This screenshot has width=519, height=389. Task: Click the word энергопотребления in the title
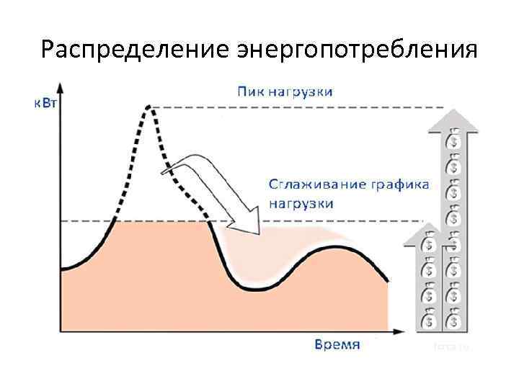click(x=357, y=51)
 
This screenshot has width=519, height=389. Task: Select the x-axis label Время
click(x=337, y=344)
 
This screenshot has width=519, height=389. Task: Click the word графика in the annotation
click(x=399, y=184)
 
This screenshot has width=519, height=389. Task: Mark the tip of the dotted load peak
click(x=148, y=107)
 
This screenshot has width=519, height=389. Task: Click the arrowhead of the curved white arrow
click(x=247, y=220)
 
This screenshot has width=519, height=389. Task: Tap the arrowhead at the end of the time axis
click(x=398, y=332)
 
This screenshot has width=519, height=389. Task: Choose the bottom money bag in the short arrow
click(x=428, y=319)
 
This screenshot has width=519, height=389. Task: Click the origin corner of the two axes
click(x=60, y=332)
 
